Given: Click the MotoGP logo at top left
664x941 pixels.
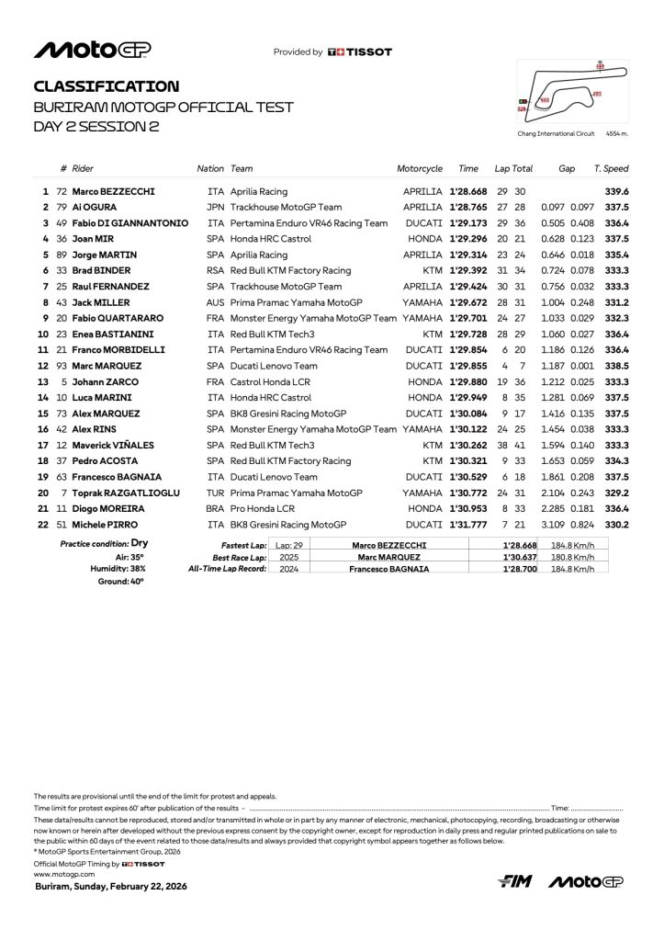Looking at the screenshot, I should pos(92,50).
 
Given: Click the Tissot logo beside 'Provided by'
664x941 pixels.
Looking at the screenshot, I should pos(359,52).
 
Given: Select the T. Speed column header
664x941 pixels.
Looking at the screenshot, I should pos(611,169).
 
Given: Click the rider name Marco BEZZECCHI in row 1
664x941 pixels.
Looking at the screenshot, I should pos(113,191).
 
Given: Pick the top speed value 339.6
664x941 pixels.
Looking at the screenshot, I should pos(617,191).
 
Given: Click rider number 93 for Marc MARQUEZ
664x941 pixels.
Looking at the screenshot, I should pos(62,366).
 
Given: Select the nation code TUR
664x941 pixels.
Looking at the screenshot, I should pos(216,493).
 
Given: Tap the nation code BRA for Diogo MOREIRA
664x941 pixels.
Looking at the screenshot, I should pos(216,508).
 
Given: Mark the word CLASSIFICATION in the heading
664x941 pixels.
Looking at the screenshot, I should pos(107,86).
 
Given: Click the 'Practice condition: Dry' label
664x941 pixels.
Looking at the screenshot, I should pos(104,543).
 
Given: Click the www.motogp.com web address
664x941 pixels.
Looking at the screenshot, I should pos(58,874).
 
